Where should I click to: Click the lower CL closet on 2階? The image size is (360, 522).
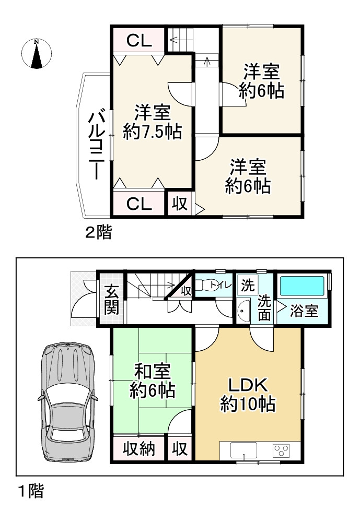tap(139, 204)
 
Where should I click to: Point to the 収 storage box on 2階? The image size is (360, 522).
tap(180, 204)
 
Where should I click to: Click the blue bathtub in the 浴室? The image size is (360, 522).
tap(301, 287)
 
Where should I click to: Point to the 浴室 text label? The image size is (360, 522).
tap(304, 311)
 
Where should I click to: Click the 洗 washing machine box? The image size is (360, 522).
tap(248, 286)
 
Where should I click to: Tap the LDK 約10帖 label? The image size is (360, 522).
tap(248, 394)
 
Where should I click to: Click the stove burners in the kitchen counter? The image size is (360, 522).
tap(282, 450)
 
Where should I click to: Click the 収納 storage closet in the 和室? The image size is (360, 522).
tap(138, 449)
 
